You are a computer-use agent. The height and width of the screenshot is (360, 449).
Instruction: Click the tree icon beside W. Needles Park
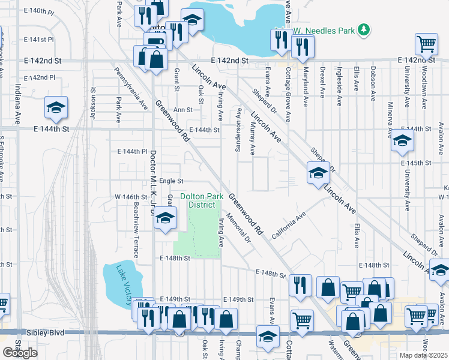pos(363,29)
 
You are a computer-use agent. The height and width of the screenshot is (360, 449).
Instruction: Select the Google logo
pos(20,353)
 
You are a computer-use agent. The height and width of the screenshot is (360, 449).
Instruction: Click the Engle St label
pos(170,181)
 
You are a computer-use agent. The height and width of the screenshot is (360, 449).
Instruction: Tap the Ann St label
pos(183,110)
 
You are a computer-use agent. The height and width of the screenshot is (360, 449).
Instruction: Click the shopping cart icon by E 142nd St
pos(426,43)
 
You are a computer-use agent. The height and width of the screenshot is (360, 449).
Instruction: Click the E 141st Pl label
pos(39,40)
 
